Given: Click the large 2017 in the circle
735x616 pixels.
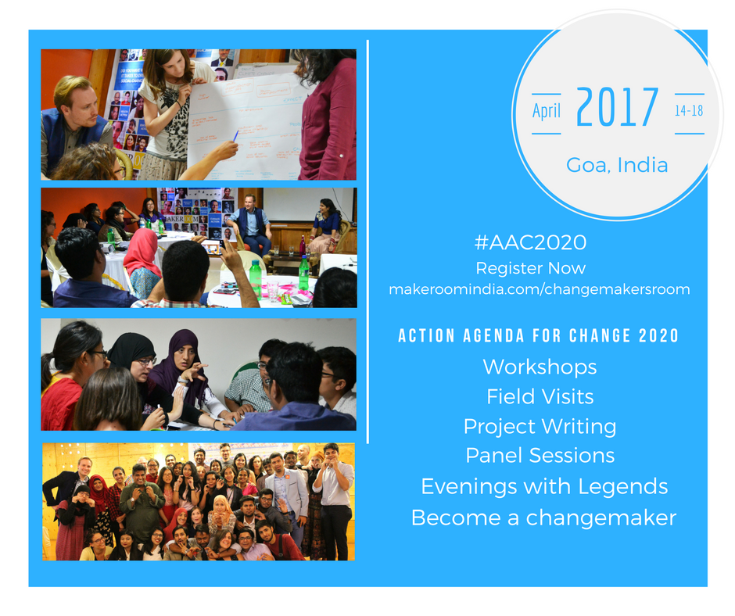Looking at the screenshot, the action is [617, 107].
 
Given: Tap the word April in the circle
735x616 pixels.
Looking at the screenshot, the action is [546, 111].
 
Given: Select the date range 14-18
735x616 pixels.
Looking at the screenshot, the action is [689, 111].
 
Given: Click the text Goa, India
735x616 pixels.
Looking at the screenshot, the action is [617, 165].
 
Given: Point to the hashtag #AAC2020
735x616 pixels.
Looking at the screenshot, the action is [530, 242].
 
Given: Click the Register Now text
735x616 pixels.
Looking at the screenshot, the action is [531, 268].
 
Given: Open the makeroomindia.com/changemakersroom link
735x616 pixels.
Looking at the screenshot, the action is [540, 289].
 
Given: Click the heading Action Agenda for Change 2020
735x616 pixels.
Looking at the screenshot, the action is [539, 335].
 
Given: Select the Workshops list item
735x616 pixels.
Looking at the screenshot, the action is [540, 367].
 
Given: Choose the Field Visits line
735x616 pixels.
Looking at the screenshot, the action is [540, 396].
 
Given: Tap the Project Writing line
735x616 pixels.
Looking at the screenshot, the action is [540, 427].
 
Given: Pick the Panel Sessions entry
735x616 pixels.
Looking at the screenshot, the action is [540, 456].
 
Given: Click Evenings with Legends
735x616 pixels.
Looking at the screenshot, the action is [544, 486].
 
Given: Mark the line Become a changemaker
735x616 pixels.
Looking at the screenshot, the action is [543, 518].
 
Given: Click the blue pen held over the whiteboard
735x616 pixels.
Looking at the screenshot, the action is [236, 135].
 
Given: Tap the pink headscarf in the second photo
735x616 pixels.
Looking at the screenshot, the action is [142, 253].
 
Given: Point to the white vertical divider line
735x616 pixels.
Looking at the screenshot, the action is [368, 242].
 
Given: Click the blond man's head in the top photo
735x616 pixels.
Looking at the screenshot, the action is [75, 99].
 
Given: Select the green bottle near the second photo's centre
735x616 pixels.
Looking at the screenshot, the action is [256, 279].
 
